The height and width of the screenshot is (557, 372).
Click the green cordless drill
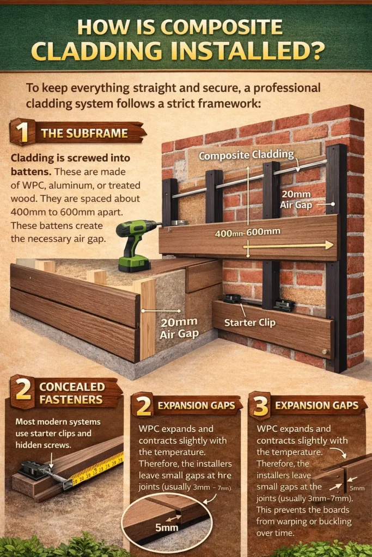pos(135,245)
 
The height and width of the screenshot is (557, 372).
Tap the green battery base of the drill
pos(134,264)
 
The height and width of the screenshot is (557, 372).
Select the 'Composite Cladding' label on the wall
pos(247,155)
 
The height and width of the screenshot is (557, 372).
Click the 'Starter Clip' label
pos(249,323)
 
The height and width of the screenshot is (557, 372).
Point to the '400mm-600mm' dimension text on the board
pos(247,233)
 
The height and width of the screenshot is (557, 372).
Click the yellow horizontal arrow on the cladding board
pos(288,245)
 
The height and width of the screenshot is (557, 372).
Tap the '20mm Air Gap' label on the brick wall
pos(296,199)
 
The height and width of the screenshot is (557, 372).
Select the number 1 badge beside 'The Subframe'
pos(22,132)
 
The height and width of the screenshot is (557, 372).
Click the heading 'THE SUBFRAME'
pos(84,133)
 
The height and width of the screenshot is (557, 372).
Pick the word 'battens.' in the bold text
pos(31,171)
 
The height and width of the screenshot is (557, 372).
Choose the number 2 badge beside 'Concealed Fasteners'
pos(23,392)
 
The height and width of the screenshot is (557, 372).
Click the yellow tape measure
pos(98,469)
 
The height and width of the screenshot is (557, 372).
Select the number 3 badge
pos(260,405)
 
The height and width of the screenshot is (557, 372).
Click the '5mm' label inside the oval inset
pos(167,528)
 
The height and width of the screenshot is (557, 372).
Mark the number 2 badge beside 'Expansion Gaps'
pos(143,405)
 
